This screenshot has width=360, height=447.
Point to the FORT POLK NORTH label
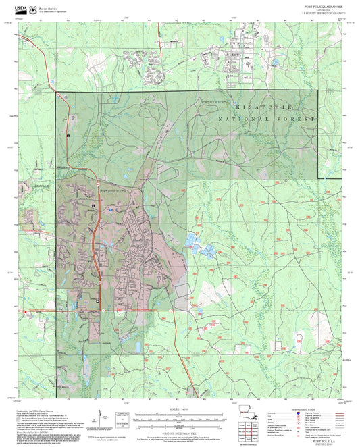tap(215, 101)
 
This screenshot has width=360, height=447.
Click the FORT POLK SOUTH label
tap(112, 192)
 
